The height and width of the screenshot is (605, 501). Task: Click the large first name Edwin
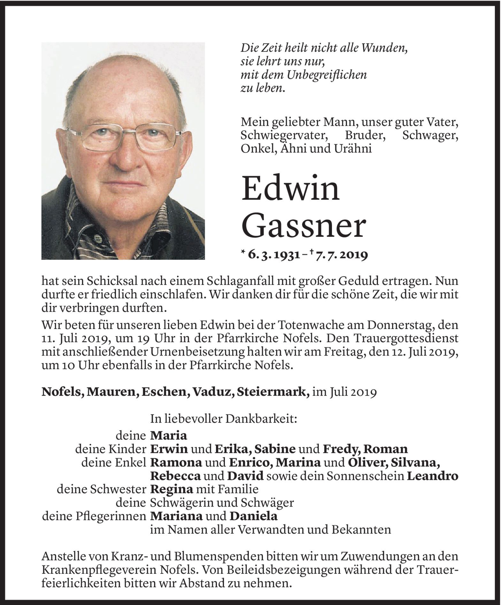[x=290, y=188]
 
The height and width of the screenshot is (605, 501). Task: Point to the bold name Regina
[x=172, y=489]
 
